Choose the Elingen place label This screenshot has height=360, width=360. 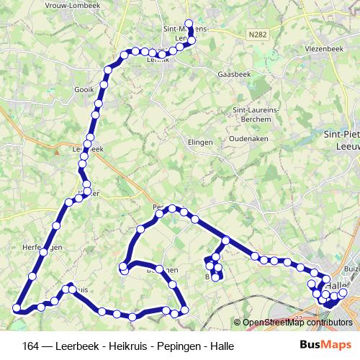(x=199, y=143)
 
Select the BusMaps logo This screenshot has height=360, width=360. (x=321, y=345)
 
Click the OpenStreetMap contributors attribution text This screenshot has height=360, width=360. (x=297, y=323)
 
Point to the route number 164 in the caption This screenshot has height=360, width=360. (x=31, y=346)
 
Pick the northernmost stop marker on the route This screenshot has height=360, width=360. (x=189, y=23)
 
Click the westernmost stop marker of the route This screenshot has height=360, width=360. (x=17, y=309)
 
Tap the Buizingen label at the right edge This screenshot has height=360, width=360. (x=351, y=268)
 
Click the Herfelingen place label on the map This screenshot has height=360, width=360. (x=42, y=247)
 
